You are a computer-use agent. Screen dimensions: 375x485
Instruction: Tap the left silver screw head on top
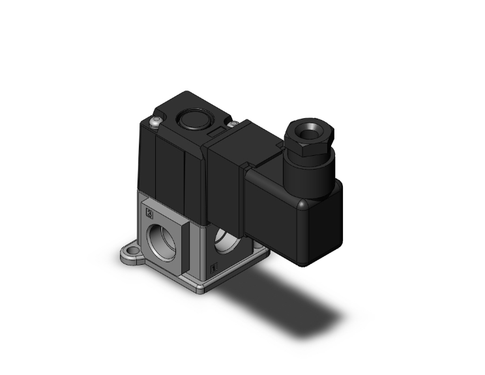click(154, 121)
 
